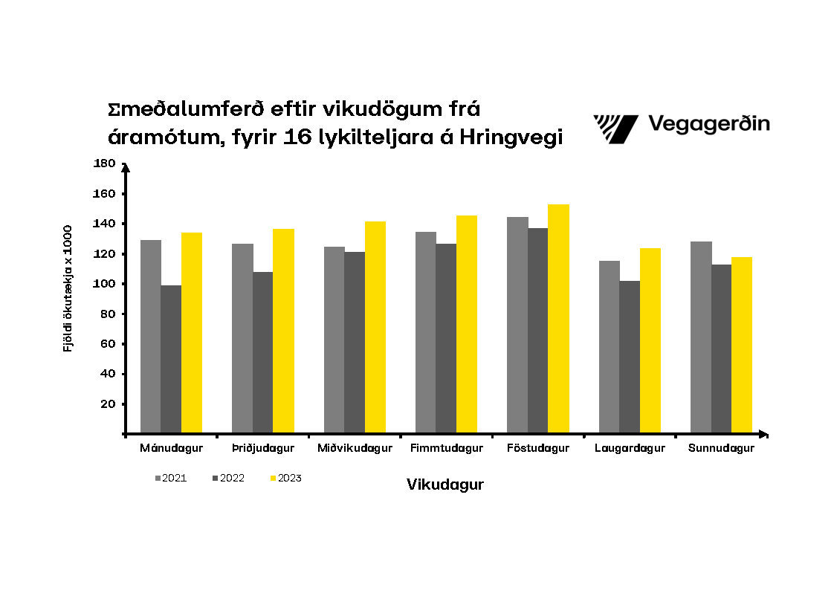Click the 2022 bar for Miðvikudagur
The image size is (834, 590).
tap(355, 342)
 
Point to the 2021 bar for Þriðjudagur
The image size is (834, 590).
tap(242, 338)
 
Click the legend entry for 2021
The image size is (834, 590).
tap(170, 479)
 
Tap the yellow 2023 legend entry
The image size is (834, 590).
tap(285, 479)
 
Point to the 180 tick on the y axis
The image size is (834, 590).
tap(105, 163)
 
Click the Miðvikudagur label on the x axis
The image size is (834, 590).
tap(355, 449)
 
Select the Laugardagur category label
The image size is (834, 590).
tap(630, 449)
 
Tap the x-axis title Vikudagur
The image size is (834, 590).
tap(445, 484)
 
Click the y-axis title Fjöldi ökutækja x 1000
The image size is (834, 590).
tap(68, 288)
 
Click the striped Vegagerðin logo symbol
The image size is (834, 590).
tap(615, 129)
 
